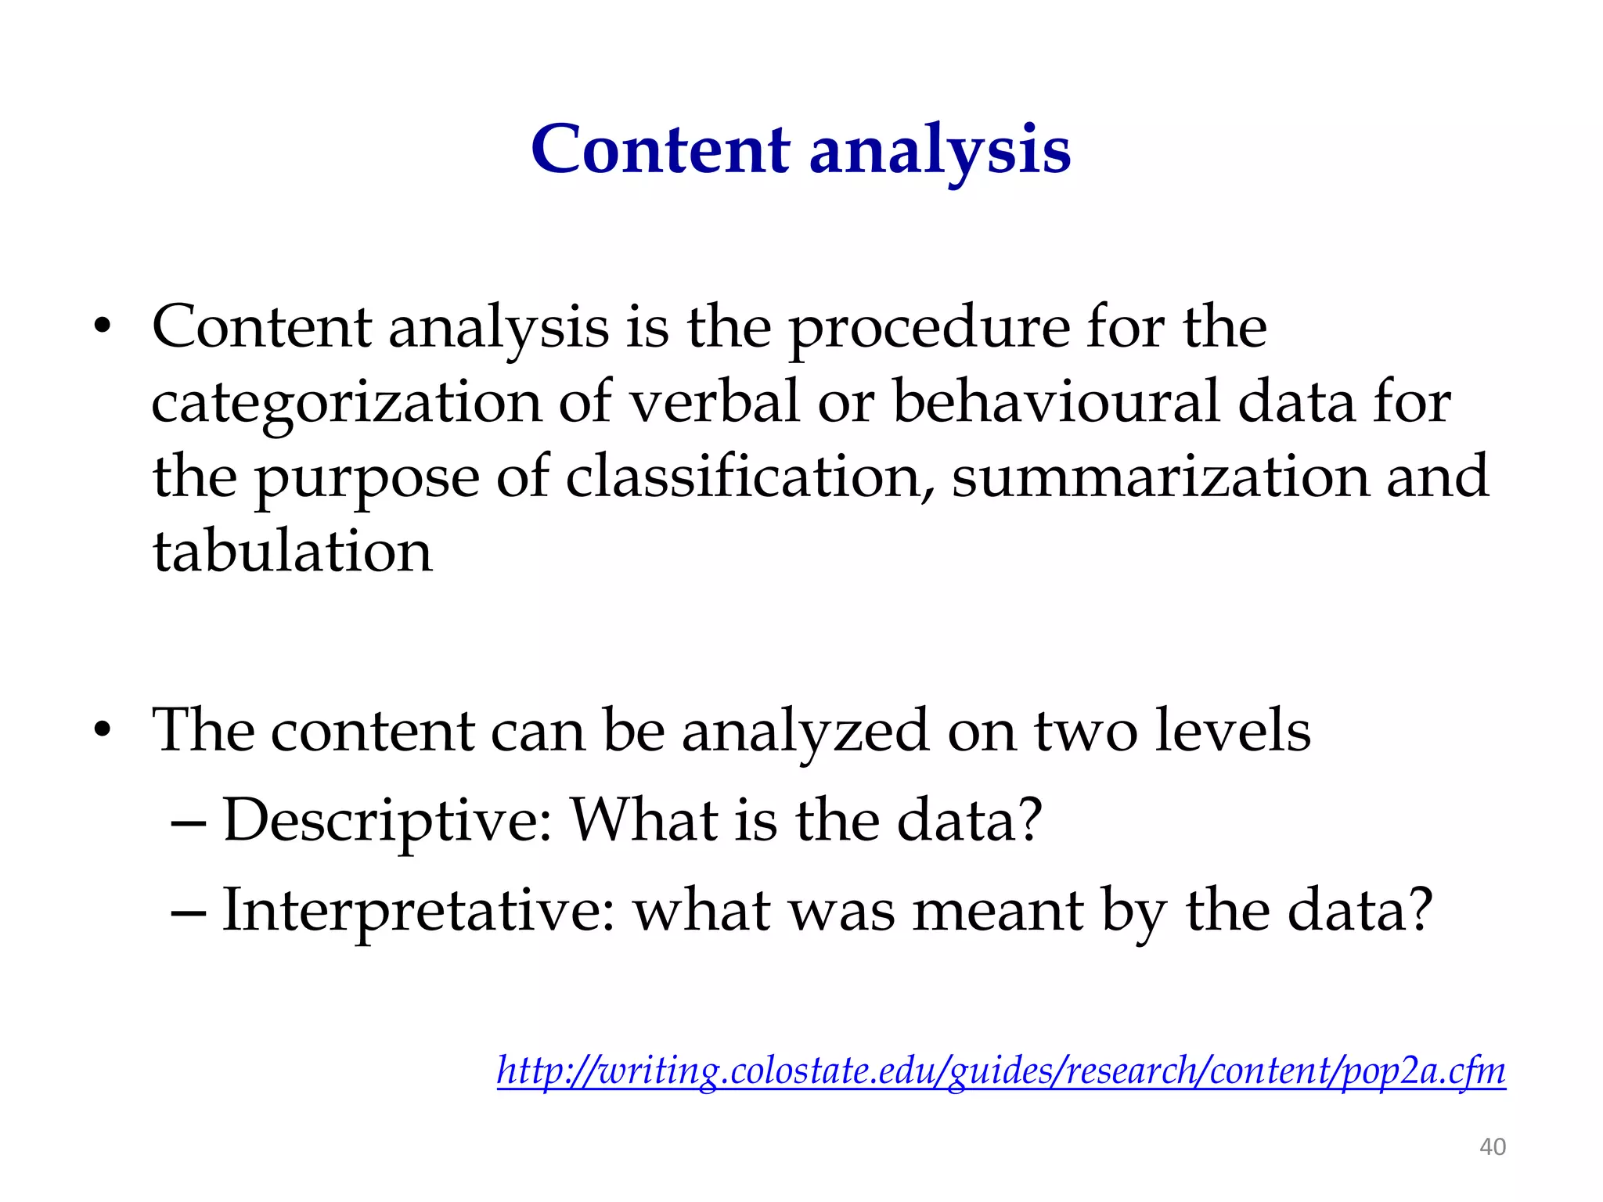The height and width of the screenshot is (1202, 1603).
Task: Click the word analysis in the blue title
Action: click(939, 150)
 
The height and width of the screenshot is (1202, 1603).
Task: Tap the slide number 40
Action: click(1492, 1147)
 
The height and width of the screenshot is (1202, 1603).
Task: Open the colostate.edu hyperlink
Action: click(1001, 1071)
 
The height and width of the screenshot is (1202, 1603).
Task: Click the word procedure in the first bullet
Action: click(928, 329)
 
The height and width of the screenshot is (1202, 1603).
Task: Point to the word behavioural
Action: click(1057, 402)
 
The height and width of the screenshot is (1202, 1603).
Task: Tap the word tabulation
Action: click(292, 552)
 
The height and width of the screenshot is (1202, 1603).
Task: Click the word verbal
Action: click(715, 402)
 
